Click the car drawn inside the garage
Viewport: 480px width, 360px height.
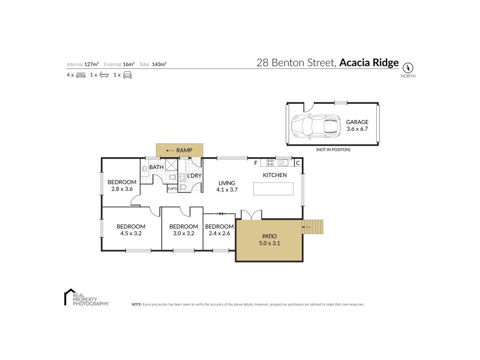point(313,125)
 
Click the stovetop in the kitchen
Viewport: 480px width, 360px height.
point(270,162)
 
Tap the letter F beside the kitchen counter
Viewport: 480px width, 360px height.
point(255,163)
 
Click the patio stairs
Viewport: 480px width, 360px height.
point(313,227)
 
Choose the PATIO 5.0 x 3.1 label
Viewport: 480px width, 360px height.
point(268,240)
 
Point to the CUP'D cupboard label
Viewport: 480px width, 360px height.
point(172,188)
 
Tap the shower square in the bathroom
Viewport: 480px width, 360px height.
point(171,166)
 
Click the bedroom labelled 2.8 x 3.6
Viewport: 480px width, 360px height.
point(122,185)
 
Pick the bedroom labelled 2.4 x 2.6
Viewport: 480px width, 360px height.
point(219,230)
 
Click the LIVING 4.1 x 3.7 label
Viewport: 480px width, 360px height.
point(227,186)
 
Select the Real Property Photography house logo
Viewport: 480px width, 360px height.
point(68,297)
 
